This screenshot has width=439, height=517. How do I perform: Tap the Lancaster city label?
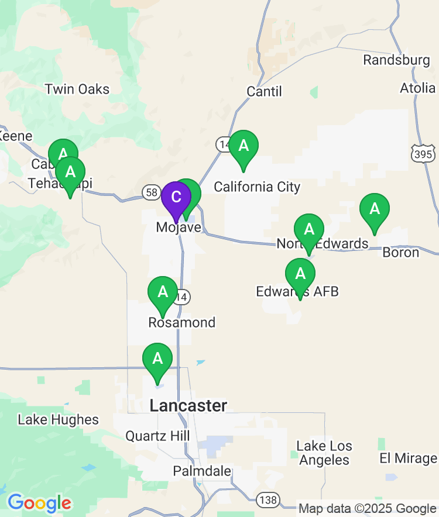[x=188, y=405]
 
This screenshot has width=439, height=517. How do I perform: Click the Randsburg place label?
[x=396, y=60]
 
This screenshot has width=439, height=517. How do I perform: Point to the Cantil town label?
[x=264, y=91]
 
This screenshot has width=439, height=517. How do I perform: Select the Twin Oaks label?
[x=77, y=89]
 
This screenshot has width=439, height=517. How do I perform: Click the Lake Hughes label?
[x=58, y=419]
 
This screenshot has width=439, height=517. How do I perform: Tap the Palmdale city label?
[x=201, y=471]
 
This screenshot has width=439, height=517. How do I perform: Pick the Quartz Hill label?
[x=157, y=436]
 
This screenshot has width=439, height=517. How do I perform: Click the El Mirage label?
[x=408, y=458]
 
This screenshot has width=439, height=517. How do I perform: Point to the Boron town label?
[x=401, y=252]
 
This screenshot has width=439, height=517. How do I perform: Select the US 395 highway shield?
[x=422, y=154]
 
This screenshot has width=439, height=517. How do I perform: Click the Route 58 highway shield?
[x=151, y=192]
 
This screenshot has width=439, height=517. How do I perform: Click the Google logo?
[x=39, y=502]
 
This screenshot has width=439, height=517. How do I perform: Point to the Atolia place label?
[x=418, y=88]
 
